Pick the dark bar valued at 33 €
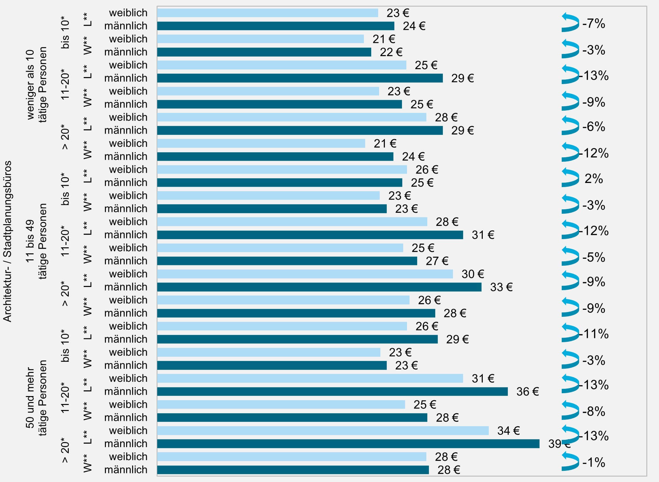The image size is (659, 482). click(319, 287)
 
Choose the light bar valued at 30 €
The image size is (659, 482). click(305, 274)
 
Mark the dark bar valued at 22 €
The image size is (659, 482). click(264, 52)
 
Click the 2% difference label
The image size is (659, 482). click(593, 179)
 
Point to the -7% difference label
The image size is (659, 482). click(594, 24)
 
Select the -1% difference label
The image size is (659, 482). click(594, 463)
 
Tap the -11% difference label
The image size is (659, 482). click(594, 334)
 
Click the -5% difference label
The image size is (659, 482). click(594, 257)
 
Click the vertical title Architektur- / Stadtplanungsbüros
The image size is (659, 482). click(7, 241)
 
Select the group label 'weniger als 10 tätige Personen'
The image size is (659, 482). click(37, 84)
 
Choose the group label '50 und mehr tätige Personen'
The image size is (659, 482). click(36, 398)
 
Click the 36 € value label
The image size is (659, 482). click(527, 392)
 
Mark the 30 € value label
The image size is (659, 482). click(473, 274)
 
